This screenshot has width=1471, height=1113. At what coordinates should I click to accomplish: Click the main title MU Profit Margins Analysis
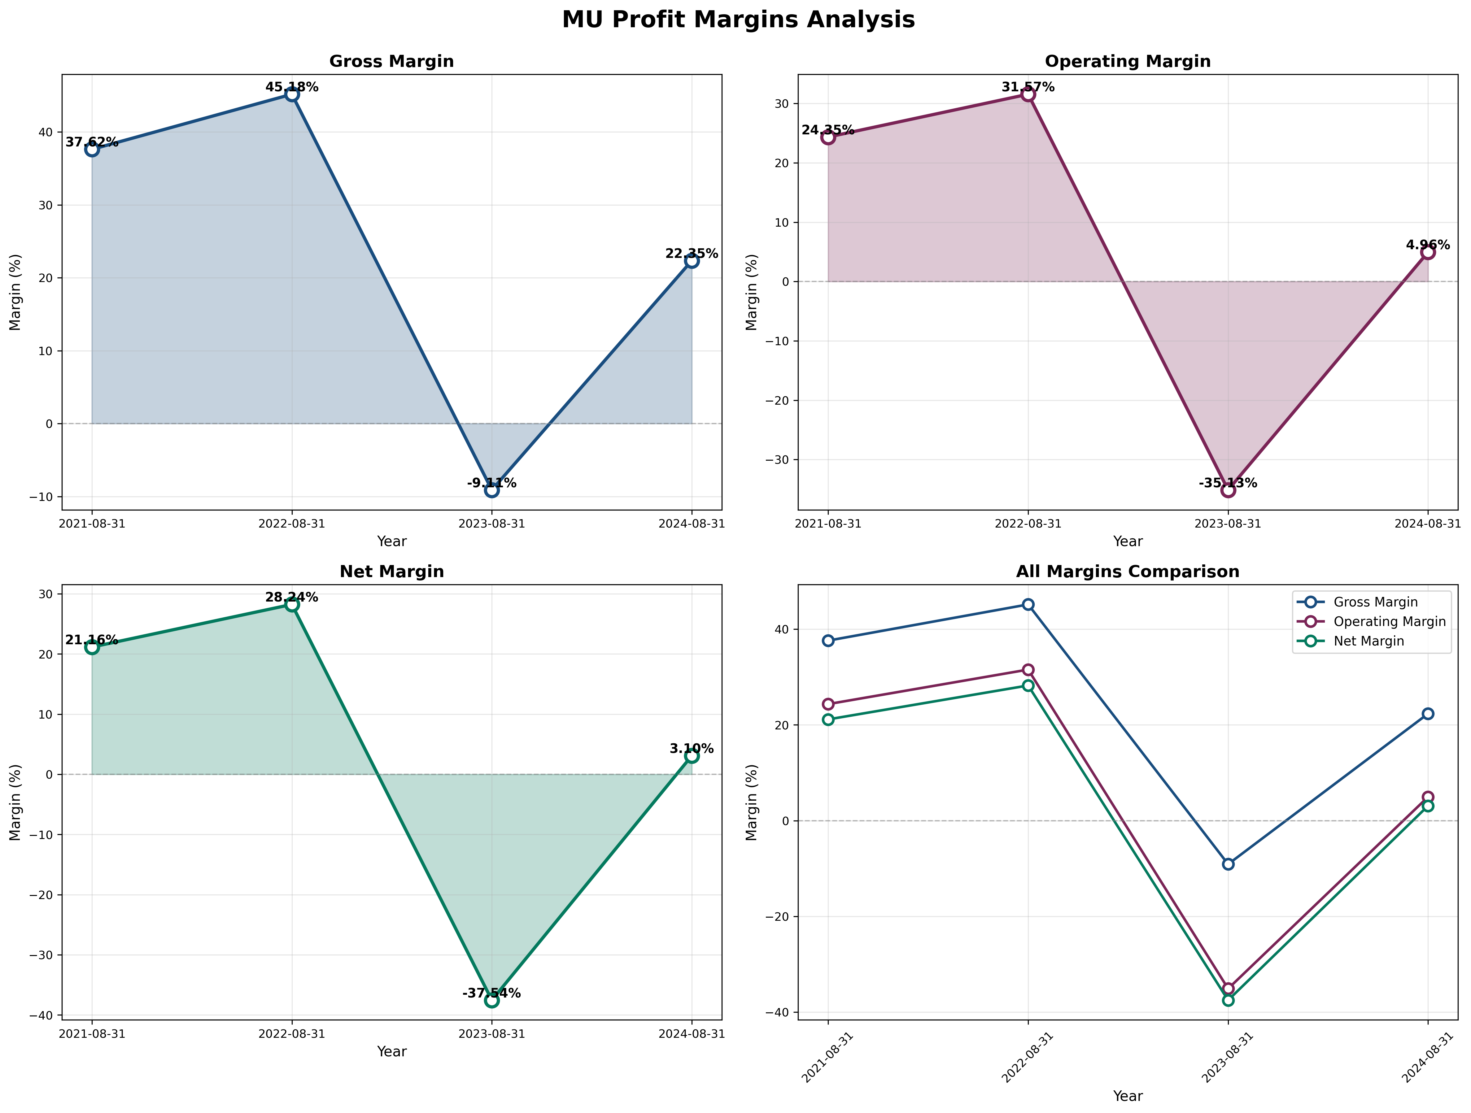pos(738,20)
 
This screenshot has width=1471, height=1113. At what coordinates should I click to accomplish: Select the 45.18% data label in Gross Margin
pos(292,87)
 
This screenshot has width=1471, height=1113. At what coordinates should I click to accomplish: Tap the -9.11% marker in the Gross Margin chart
pos(491,490)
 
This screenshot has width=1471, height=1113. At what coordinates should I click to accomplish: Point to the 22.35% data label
pos(692,253)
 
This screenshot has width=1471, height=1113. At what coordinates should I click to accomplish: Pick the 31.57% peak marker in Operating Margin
pos(1028,94)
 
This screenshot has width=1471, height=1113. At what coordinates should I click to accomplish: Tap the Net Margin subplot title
pos(392,572)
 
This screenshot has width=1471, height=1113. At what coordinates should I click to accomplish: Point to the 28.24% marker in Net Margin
pos(292,604)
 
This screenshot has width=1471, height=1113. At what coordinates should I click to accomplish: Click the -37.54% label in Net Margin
pos(491,993)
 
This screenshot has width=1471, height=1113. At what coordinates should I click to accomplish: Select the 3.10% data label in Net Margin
pos(692,749)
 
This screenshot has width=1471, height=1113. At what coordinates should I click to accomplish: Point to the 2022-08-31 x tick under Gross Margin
pos(292,524)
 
